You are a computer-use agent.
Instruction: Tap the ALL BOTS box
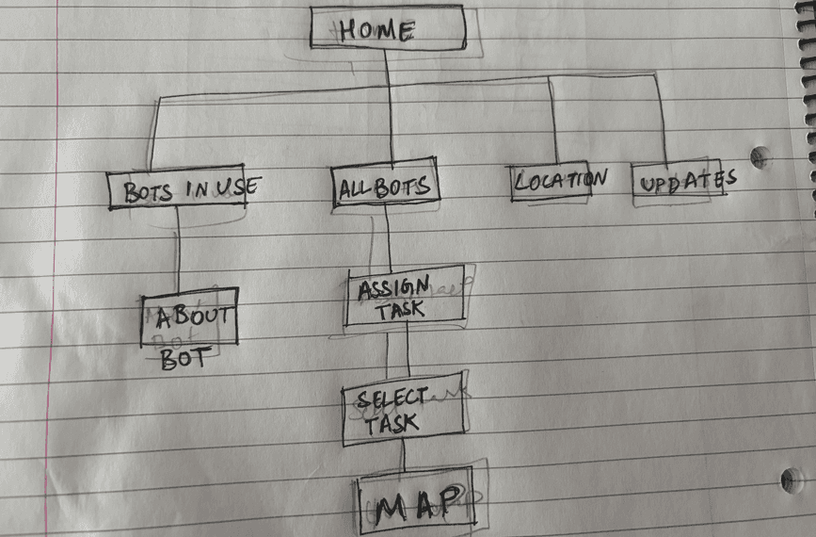(384, 186)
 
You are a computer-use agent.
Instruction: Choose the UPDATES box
(678, 179)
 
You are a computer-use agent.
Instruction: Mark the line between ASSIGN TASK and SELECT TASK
(407, 354)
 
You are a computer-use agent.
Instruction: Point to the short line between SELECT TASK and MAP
(403, 459)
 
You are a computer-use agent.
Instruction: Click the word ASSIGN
(393, 286)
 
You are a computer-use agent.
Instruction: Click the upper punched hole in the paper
(758, 156)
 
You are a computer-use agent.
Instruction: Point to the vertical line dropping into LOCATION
(553, 122)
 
